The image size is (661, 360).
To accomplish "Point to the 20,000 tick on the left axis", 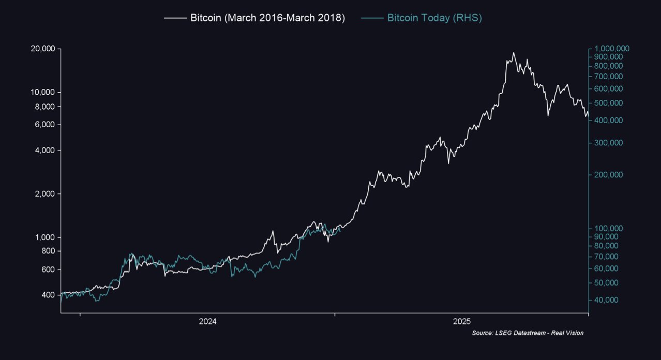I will click(x=43, y=49).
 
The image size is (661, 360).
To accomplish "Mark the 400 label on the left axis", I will click(x=49, y=295).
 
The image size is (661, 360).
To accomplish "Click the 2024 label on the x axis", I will click(x=207, y=322).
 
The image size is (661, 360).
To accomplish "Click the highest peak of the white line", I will click(x=513, y=53).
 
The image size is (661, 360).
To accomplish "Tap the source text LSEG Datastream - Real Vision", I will click(x=528, y=333).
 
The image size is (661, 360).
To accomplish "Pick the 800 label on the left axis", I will click(x=49, y=251).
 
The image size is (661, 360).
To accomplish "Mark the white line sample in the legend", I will click(x=175, y=18).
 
